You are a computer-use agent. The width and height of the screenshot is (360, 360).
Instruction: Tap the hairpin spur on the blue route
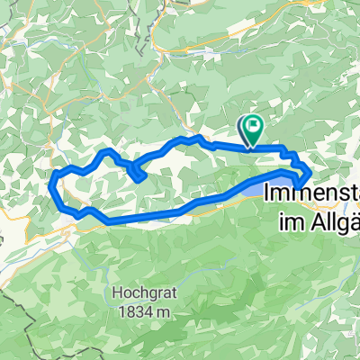[141, 178]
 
